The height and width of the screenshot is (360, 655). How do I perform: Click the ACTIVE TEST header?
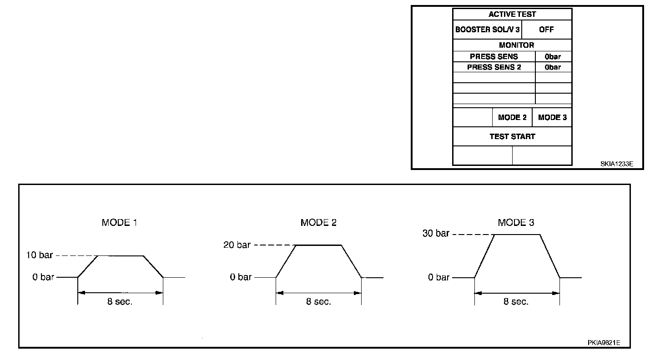point(512,14)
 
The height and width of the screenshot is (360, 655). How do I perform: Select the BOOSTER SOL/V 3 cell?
point(487,30)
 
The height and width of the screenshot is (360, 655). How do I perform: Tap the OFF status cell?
point(546,30)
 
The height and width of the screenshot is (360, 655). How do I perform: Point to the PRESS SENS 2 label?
point(494,67)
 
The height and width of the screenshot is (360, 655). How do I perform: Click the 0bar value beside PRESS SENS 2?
point(553,67)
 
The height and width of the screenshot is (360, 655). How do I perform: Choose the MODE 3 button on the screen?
point(552,117)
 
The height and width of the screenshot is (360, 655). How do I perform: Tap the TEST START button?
point(512,136)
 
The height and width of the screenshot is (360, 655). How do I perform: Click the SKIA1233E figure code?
point(616,164)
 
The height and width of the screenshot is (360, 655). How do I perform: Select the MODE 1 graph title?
point(119,223)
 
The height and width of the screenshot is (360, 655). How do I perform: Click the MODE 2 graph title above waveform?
point(318,223)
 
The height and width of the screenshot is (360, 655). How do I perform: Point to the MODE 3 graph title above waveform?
point(516,223)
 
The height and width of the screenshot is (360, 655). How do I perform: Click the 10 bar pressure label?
point(40,255)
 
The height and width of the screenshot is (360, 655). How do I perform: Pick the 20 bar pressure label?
point(237,245)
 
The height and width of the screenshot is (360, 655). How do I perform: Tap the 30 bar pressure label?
point(436,234)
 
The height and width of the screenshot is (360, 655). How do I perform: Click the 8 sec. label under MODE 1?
point(120,302)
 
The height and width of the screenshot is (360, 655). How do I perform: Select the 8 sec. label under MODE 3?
point(516,302)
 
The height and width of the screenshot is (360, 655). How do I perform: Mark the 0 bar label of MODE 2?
point(241,277)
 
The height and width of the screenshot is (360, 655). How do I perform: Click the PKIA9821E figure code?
point(604,343)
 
